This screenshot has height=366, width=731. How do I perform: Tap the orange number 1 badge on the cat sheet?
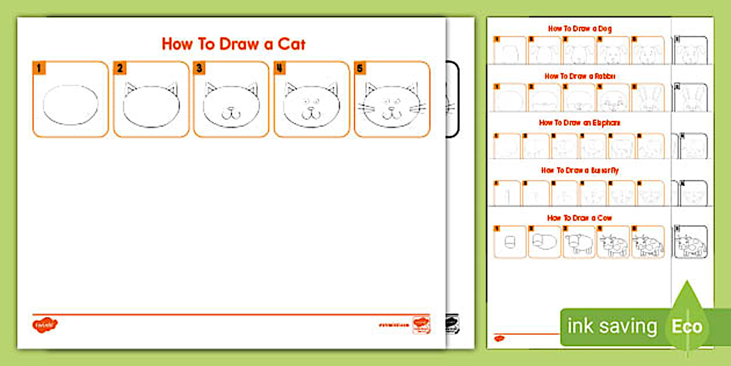point(39,69)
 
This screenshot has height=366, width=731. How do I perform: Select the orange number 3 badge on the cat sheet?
point(200,69)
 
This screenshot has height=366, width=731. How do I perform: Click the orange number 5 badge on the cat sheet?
point(360,69)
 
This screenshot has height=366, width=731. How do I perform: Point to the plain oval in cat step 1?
point(71,105)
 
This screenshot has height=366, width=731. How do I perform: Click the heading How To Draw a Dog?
point(580,28)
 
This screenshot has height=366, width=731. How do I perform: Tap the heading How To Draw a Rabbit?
point(580,76)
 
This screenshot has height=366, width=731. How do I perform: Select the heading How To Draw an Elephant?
point(580,123)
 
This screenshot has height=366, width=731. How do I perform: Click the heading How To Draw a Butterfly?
point(580,170)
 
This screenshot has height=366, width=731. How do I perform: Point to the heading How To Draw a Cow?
point(580,218)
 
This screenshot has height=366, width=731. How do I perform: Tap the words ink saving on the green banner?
point(612,326)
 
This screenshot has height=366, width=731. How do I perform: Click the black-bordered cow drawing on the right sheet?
point(691,242)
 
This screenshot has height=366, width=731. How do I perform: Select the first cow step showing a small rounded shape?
point(510,242)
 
